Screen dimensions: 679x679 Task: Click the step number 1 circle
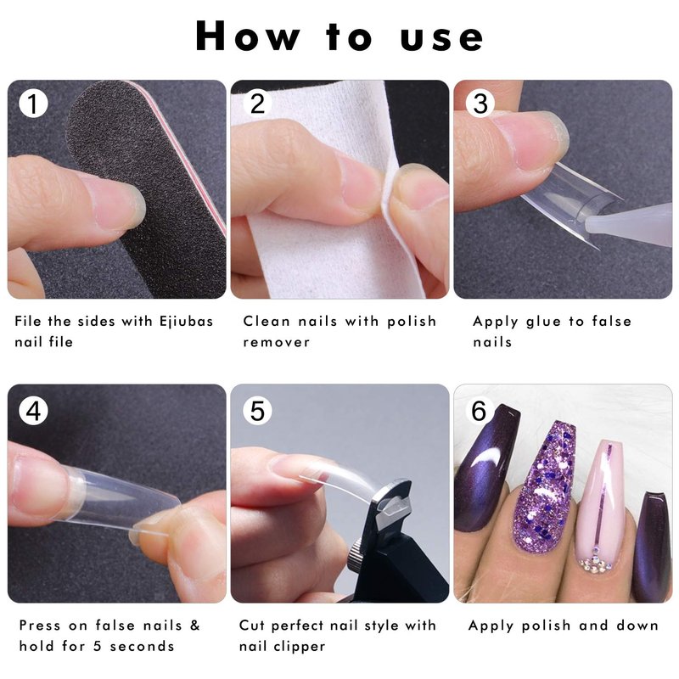[33, 104]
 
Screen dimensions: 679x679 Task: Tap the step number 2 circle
[257, 104]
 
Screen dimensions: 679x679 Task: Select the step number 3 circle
[480, 104]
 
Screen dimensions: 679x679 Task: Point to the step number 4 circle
[33, 411]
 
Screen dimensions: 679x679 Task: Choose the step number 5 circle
[257, 411]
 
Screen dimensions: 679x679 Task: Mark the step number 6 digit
[479, 411]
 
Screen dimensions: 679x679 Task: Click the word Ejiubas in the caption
[186, 322]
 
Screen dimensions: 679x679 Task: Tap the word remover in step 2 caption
[277, 343]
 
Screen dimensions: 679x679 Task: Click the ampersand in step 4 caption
[195, 626]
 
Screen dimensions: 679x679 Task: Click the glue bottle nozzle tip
[588, 224]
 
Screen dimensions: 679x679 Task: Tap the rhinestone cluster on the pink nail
[595, 562]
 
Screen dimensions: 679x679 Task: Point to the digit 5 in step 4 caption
[97, 647]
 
